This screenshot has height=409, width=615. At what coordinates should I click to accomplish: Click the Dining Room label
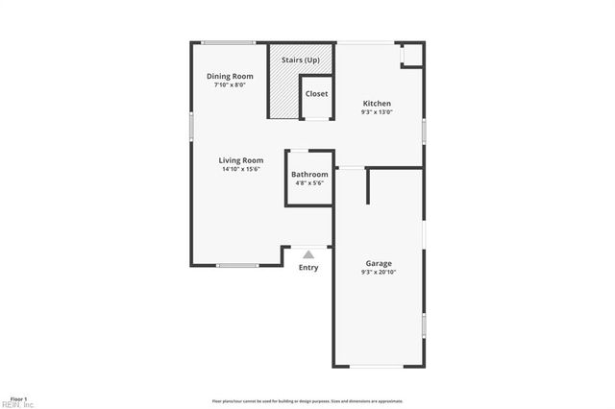(230, 76)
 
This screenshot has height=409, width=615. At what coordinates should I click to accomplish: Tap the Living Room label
(240, 160)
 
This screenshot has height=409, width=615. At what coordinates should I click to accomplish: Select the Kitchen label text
(377, 104)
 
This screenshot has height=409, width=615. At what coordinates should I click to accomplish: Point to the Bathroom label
(309, 174)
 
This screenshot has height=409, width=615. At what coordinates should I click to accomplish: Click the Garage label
(378, 263)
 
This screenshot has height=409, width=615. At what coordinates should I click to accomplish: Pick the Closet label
(316, 94)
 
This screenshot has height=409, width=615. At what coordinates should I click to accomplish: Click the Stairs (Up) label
(300, 60)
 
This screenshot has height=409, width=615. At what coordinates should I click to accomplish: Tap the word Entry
(308, 267)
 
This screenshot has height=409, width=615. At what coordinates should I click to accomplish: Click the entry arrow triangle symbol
(308, 254)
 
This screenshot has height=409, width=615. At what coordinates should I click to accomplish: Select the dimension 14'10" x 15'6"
(240, 169)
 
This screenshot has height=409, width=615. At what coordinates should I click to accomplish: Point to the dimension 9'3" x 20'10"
(378, 272)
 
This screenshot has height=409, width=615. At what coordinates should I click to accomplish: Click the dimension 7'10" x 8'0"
(230, 84)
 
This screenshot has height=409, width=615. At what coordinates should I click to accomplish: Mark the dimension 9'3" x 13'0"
(377, 112)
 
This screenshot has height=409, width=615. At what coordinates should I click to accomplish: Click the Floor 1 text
(18, 397)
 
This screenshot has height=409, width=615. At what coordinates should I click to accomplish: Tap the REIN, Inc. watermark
(17, 404)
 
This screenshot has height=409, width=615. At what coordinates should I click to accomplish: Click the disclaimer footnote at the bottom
(307, 401)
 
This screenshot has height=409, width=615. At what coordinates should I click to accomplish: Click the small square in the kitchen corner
(411, 56)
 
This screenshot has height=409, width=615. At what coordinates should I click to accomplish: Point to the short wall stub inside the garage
(367, 186)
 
